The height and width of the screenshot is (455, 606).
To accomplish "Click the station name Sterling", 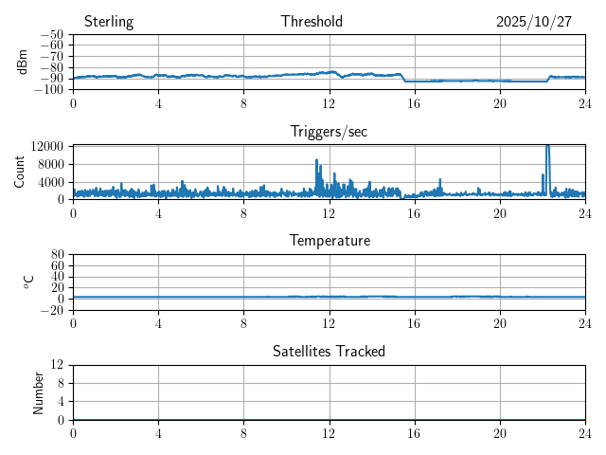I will point(109,22).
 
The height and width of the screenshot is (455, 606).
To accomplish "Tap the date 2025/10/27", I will point(534,22).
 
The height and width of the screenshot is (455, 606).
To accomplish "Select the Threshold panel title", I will point(312,22).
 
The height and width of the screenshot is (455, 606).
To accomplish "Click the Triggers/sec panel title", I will point(329,132).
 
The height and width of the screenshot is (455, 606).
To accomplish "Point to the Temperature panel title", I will point(330,241).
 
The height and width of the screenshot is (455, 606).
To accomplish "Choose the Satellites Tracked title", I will point(329,352).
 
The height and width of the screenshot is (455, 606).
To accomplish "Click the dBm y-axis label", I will point(23,62).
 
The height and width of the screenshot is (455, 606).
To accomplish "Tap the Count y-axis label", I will point(19,172).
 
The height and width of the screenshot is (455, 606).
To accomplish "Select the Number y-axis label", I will point(38,392).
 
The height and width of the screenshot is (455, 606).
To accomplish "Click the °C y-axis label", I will point(28,282).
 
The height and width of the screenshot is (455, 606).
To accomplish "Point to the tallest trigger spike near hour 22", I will point(547,147).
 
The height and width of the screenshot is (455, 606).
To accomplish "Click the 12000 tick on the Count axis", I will point(46,146).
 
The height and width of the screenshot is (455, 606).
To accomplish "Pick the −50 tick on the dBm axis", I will point(52,35).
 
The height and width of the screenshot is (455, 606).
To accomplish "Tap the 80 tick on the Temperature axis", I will point(57,255).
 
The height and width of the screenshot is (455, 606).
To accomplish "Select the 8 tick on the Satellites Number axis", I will point(61,383).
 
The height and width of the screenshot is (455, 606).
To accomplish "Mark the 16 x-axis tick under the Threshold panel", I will point(415,102).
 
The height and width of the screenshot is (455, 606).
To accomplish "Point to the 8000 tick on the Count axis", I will point(49,164).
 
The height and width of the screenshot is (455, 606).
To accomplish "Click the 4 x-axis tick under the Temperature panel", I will point(158,322).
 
